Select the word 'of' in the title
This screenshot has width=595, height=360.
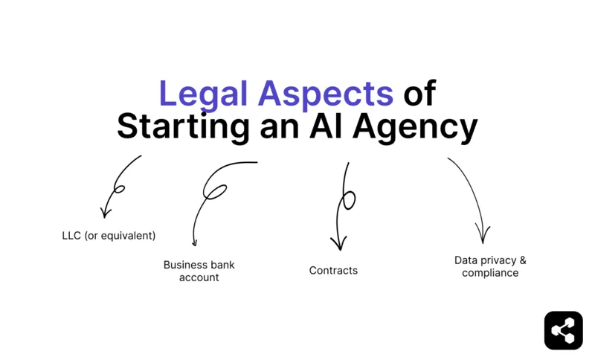419,94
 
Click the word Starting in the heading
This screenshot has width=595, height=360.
182,127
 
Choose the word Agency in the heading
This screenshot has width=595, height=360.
415,129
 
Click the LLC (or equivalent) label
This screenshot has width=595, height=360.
109,236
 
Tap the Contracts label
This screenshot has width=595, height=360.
333,271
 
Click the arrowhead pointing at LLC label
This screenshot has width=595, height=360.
105,213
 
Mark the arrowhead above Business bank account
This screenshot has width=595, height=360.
194,242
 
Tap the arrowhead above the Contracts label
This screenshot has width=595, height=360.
338,244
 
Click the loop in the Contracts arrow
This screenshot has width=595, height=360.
347,200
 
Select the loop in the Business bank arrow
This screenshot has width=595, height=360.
214,192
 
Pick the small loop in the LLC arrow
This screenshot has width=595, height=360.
118,189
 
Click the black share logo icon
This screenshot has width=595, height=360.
563,330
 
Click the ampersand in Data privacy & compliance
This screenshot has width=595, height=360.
522,260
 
